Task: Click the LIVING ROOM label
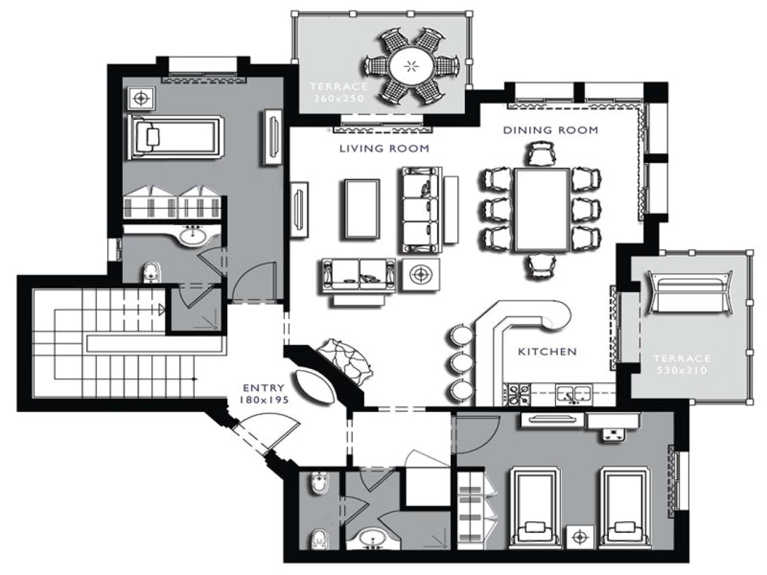[384, 149]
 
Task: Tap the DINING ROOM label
[550, 130]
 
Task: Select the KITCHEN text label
[547, 352]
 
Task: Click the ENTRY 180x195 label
[264, 394]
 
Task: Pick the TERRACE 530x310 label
[681, 364]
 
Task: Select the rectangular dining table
[542, 209]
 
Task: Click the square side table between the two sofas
[421, 274]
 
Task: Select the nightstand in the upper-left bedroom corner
[141, 98]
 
